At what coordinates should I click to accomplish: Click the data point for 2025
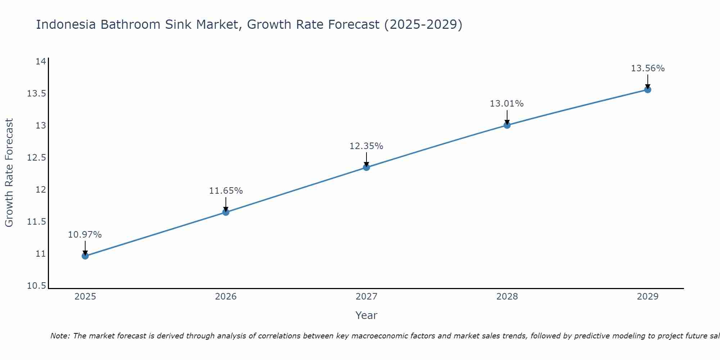85,256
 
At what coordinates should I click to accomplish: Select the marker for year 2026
226,212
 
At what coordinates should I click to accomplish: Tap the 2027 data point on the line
366,167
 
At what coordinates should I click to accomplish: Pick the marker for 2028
507,125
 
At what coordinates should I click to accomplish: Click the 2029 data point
648,90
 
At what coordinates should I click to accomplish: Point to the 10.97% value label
85,235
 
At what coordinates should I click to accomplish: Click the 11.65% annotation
226,191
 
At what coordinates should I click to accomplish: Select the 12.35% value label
366,146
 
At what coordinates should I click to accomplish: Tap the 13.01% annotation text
507,104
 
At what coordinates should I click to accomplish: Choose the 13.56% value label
648,68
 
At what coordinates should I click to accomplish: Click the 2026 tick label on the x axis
226,297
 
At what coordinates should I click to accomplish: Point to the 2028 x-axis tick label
507,297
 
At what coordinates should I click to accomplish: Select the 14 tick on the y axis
41,62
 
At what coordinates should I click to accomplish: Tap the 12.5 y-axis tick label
37,158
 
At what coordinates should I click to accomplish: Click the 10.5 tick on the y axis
37,286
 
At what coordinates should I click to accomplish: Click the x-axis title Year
366,315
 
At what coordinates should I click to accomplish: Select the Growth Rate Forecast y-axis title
9,172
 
